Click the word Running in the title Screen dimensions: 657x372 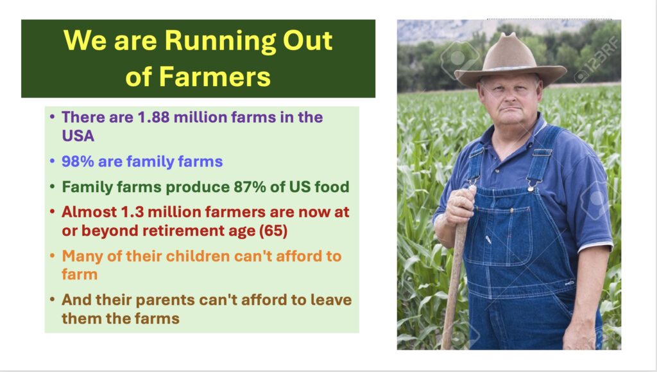(x=220, y=42)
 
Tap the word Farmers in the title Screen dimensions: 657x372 (x=214, y=76)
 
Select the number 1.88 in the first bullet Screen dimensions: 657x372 (x=153, y=117)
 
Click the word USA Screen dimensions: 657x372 (x=78, y=136)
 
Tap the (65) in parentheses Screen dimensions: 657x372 (x=273, y=231)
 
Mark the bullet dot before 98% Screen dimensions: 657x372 (x=52, y=161)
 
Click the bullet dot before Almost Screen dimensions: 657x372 (x=52, y=212)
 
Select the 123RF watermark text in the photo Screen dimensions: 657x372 (x=598, y=59)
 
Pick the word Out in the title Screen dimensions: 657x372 (x=307, y=40)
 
